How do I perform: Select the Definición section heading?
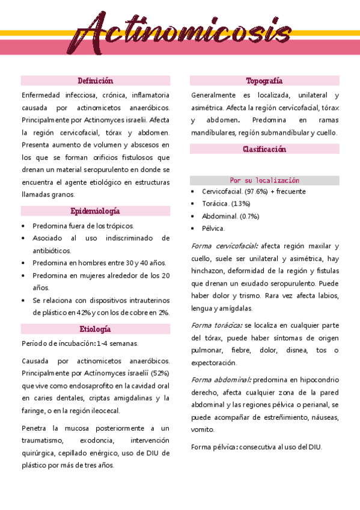click(95, 81)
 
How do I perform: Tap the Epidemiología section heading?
click(95, 211)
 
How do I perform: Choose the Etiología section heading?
click(95, 330)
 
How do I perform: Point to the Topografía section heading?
click(264, 81)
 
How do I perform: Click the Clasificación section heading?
click(264, 149)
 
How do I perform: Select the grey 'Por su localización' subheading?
click(264, 180)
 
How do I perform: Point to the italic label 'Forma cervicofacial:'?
click(225, 246)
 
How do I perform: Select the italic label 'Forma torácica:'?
click(216, 325)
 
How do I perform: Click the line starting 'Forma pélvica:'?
click(257, 447)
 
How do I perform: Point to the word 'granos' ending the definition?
click(62, 194)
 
